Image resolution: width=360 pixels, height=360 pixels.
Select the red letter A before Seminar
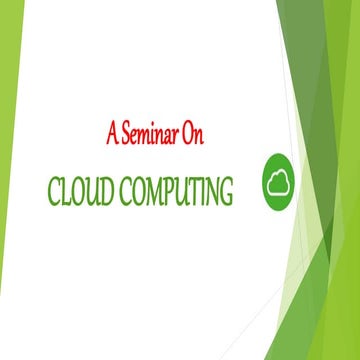111,132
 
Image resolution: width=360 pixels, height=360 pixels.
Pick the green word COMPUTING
178,191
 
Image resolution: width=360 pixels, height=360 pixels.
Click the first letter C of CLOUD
51,191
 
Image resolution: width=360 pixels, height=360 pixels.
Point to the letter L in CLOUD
65,191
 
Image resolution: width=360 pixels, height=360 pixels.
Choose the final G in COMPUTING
227,191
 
